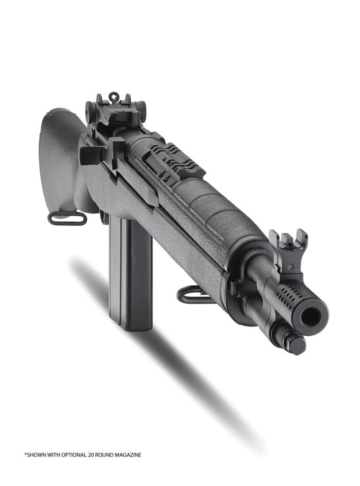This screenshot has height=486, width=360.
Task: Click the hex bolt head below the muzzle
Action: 296,344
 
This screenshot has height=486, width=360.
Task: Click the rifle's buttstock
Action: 59,155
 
